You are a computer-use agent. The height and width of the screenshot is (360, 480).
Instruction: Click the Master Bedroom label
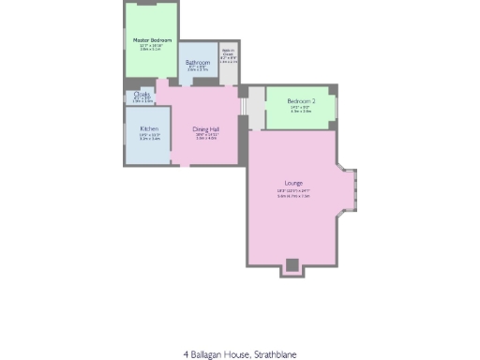pos(151,40)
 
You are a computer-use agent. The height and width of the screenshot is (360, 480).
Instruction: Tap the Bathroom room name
pos(197,63)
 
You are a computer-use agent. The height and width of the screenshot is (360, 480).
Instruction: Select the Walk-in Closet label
pos(227,53)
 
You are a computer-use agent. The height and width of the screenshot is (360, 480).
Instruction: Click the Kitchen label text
pos(149,128)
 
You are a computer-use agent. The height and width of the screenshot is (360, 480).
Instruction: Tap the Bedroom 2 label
pos(301,101)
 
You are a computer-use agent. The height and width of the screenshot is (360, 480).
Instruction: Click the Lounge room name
pos(294,182)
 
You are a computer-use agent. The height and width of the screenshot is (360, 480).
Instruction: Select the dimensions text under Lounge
pos(294,193)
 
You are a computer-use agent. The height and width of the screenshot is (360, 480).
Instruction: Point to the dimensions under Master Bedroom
pos(151,47)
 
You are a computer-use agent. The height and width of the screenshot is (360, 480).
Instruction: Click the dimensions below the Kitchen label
pos(149,137)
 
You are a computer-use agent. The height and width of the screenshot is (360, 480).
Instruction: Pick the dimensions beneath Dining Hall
pos(206,137)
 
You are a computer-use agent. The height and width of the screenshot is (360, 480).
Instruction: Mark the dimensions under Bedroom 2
pos(301,110)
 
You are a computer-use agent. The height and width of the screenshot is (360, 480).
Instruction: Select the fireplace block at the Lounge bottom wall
pos(292,265)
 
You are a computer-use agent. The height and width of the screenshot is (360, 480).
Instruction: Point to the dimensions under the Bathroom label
pos(197,69)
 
